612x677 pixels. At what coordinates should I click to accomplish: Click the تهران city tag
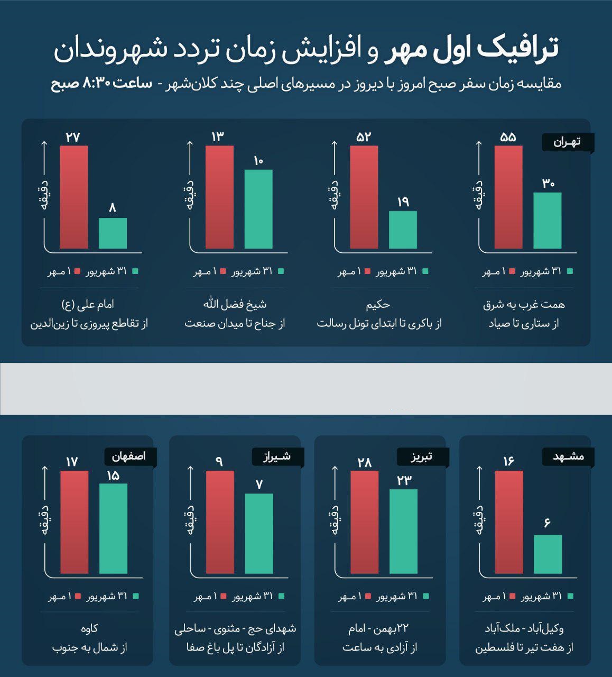[x=568, y=142]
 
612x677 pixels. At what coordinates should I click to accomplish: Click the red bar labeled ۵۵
[x=508, y=197]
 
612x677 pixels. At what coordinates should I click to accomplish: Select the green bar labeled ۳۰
[x=547, y=220]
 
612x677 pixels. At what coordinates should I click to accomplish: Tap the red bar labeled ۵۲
[x=364, y=197]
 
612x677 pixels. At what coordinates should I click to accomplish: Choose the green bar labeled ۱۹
[x=403, y=230]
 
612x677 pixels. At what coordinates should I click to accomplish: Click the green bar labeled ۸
[x=113, y=233]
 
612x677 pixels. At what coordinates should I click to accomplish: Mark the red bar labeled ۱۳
[x=219, y=197]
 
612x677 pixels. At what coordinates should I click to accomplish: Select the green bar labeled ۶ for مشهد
[x=548, y=554]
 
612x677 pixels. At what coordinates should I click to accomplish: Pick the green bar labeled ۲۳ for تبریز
[x=403, y=531]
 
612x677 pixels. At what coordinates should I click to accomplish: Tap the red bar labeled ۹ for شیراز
[x=220, y=522]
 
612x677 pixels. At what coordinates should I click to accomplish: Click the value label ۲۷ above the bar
[x=73, y=137]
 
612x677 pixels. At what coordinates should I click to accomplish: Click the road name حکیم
[x=378, y=305]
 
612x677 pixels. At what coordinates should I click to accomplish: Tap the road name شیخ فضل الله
[x=235, y=304]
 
